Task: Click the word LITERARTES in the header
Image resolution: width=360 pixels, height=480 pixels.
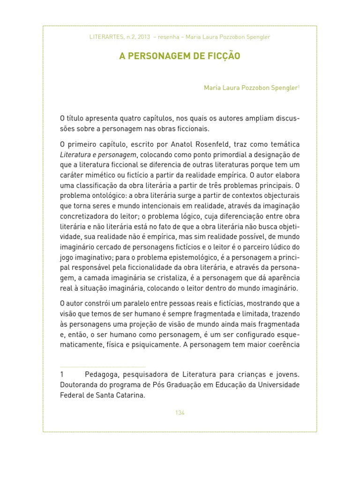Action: (105, 37)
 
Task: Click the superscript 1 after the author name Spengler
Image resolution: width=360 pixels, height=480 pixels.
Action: (299, 86)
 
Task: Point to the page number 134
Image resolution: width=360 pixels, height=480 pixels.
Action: (180, 412)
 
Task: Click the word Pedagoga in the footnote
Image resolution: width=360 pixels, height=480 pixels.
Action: (100, 375)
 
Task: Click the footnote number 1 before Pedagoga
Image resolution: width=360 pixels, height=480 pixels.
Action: (62, 375)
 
